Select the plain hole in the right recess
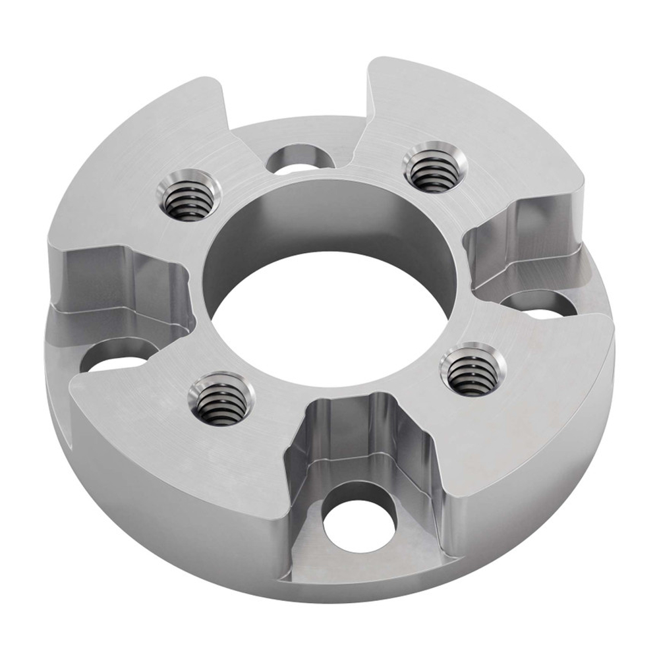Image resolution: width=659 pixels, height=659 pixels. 540,304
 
